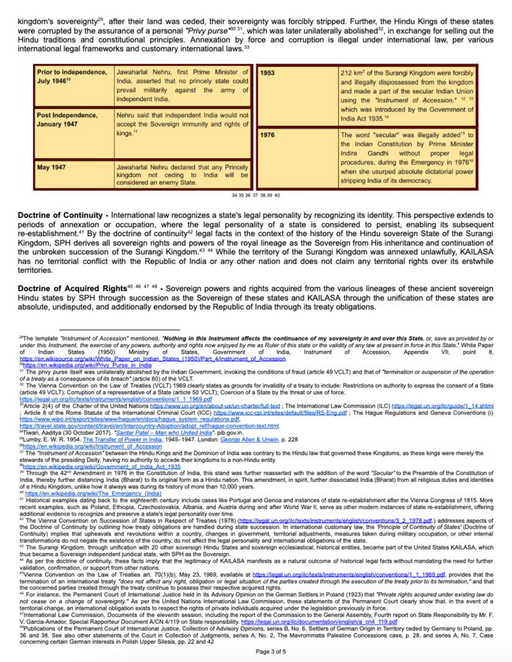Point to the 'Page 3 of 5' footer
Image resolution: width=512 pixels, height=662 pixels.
(x=255, y=651)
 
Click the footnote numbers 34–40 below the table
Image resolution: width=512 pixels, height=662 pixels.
(x=256, y=196)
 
